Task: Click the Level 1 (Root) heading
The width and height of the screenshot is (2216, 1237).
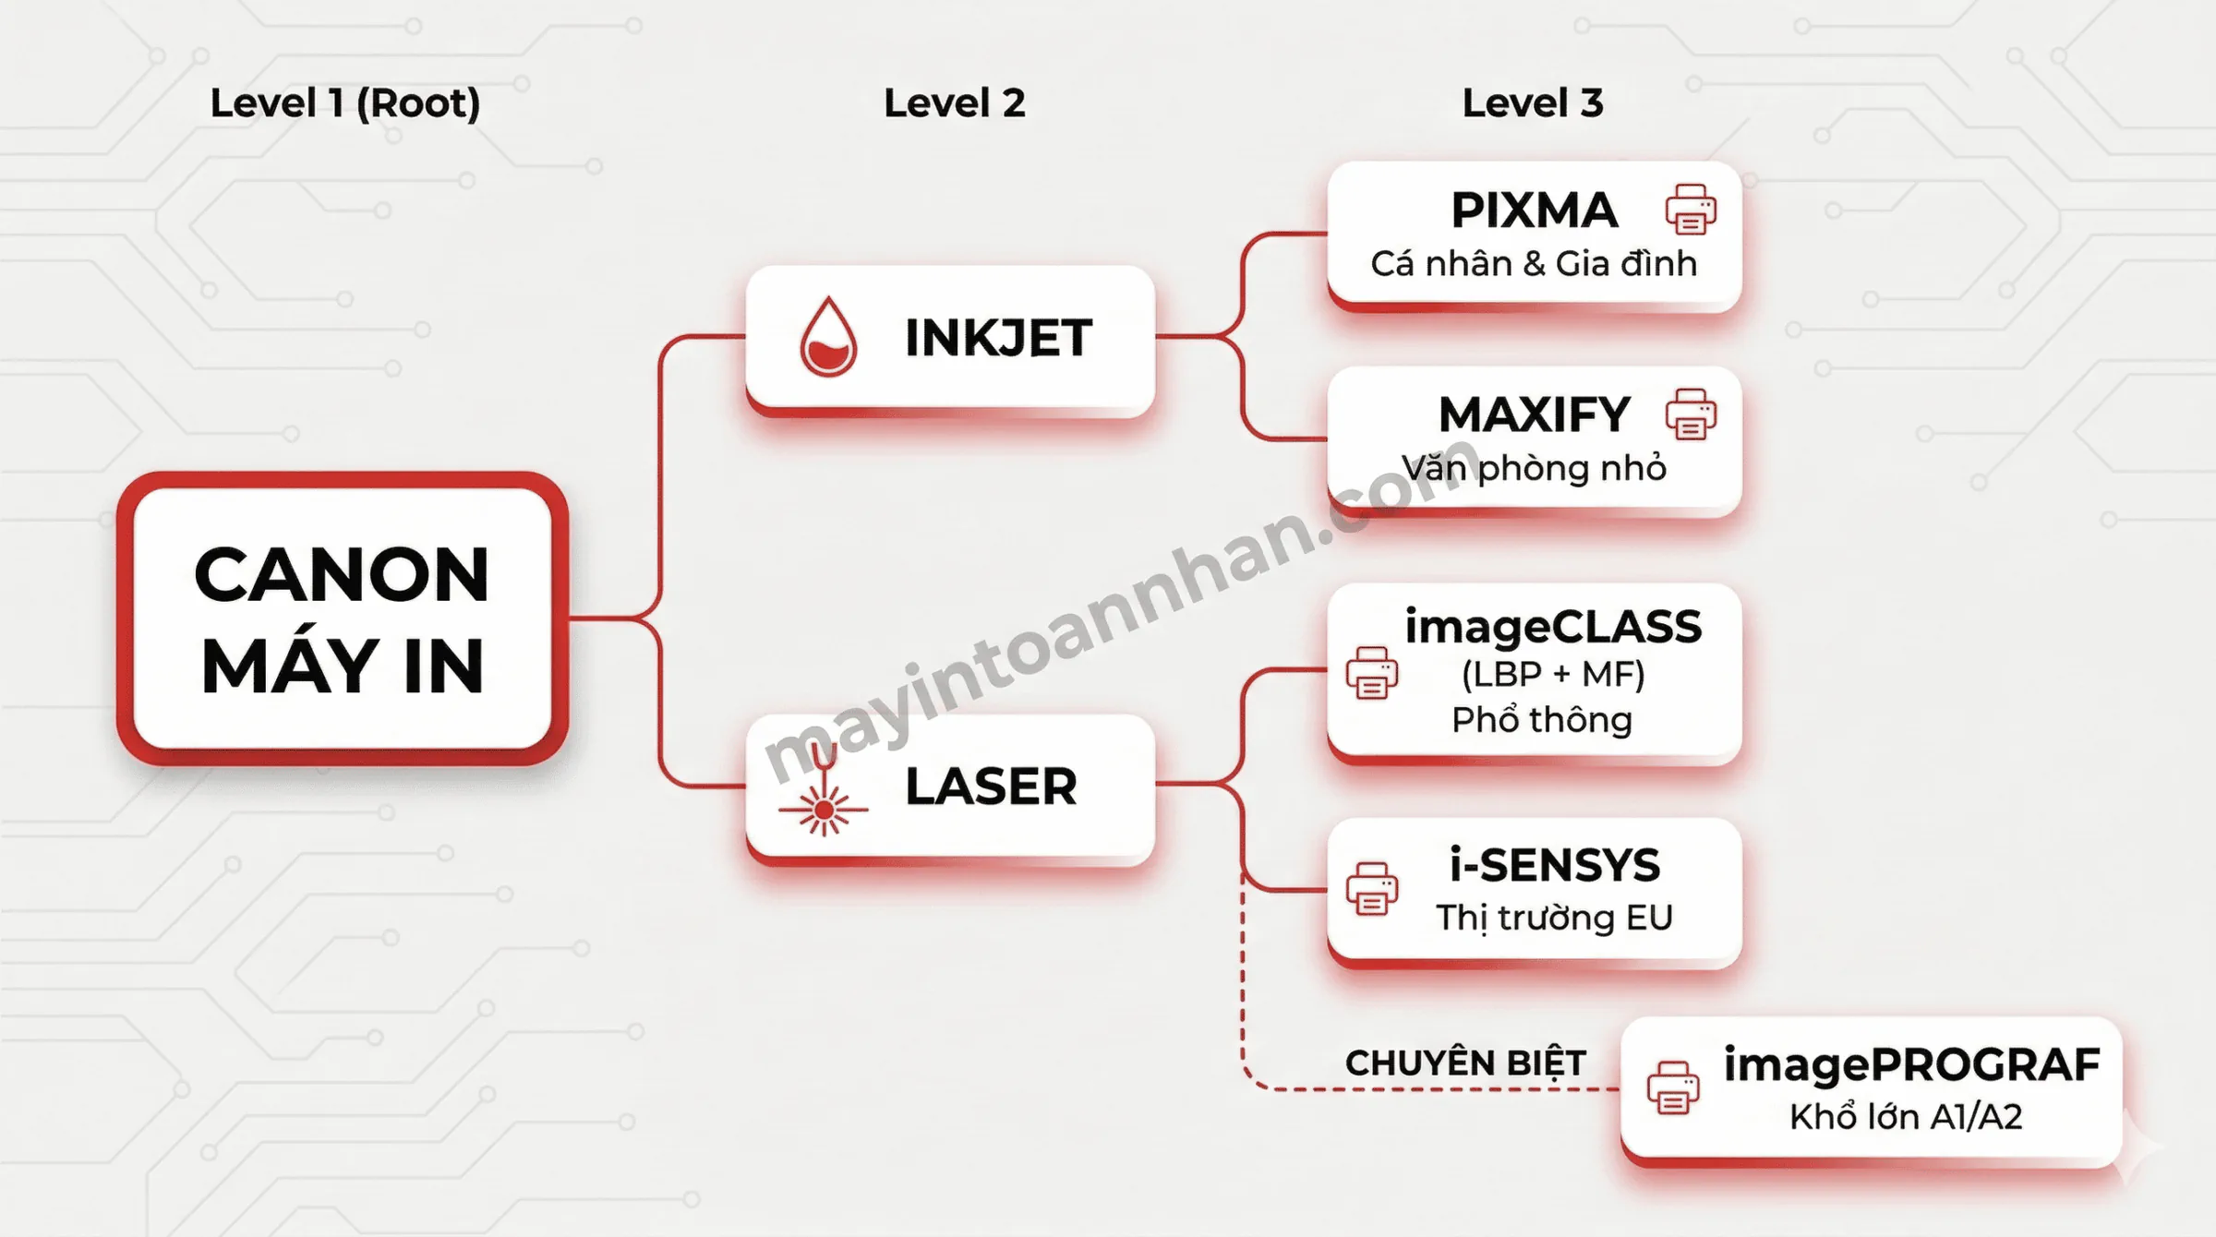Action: [x=345, y=103]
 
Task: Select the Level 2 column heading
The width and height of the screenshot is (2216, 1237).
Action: [x=955, y=102]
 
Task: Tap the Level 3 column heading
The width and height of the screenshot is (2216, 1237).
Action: [x=1533, y=102]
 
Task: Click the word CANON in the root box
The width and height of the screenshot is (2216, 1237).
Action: [x=342, y=574]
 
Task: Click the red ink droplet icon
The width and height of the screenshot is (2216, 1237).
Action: [x=828, y=336]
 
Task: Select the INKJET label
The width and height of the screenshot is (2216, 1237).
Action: [x=999, y=337]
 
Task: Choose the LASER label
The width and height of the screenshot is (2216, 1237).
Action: [x=991, y=787]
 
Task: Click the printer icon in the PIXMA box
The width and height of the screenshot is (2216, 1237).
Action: [x=1691, y=210]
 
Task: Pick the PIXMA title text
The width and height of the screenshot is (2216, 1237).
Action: [x=1535, y=210]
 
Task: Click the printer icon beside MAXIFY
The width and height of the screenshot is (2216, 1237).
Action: [x=1691, y=414]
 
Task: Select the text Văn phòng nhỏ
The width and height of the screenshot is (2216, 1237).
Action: [x=1534, y=468]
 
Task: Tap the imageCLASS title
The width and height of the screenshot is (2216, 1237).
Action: [x=1553, y=627]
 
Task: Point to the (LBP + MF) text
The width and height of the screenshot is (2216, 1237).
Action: [x=1553, y=674]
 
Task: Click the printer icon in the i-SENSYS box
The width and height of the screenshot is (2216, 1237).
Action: [x=1372, y=889]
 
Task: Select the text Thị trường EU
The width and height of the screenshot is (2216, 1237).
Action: [x=1554, y=918]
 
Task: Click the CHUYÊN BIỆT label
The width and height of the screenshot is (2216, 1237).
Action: [x=1465, y=1063]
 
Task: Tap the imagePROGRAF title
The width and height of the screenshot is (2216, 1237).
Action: [x=1911, y=1064]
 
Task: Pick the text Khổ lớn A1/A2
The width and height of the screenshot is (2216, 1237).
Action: [x=1906, y=1117]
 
